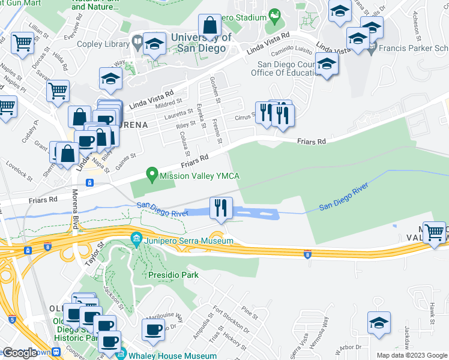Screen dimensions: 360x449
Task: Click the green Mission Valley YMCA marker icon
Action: pyautogui.click(x=152, y=175)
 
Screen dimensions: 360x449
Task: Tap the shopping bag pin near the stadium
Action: pyautogui.click(x=210, y=26)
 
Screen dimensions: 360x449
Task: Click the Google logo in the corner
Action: pyautogui.click(x=20, y=353)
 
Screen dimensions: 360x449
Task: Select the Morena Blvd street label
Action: pyautogui.click(x=75, y=216)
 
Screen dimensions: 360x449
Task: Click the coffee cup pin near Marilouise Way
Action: pyautogui.click(x=152, y=329)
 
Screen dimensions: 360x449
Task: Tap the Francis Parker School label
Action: pyautogui.click(x=414, y=47)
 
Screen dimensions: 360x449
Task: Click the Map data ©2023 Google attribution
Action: pyautogui.click(x=411, y=355)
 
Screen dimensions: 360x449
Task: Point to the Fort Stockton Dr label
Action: pyautogui.click(x=235, y=320)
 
